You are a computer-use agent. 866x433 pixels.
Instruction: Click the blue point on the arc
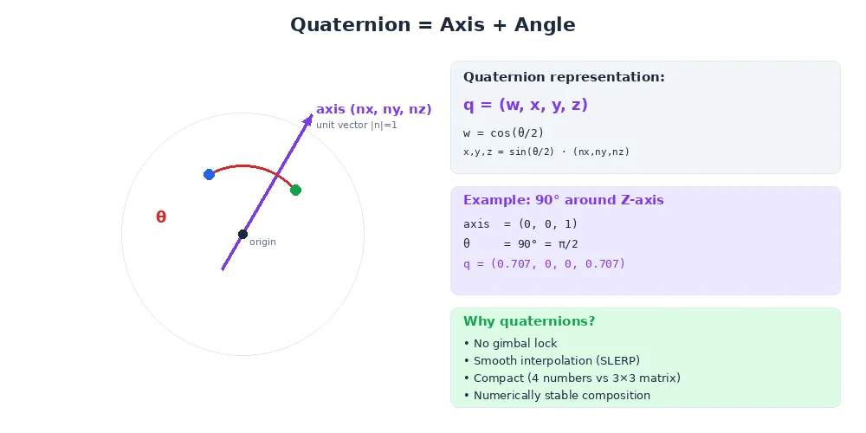[209, 174]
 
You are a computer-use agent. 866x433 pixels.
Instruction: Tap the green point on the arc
[295, 190]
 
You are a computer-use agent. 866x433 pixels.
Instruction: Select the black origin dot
[242, 234]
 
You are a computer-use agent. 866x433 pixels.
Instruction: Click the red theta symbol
[161, 217]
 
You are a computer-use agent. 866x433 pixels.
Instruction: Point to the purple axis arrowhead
[308, 120]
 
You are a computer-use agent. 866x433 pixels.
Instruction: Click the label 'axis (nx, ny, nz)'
[373, 109]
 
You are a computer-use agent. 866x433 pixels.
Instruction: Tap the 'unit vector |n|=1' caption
[356, 125]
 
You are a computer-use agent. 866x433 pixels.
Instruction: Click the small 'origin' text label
[262, 242]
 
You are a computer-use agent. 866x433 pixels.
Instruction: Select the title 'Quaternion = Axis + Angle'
[432, 25]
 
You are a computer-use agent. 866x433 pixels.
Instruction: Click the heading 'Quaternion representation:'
[564, 77]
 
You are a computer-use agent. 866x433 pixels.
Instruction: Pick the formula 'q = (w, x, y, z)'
[526, 105]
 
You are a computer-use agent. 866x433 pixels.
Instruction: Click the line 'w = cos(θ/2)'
[504, 133]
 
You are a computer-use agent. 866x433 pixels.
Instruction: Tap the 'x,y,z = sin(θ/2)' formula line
[546, 152]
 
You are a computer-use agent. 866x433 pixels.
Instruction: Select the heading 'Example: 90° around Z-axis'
[563, 200]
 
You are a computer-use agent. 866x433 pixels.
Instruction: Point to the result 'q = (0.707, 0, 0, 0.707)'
[544, 263]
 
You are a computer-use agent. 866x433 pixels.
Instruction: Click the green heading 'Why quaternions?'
[529, 321]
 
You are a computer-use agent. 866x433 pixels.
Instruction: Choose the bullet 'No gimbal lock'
[510, 344]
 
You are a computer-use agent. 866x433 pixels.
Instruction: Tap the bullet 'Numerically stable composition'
[556, 396]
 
